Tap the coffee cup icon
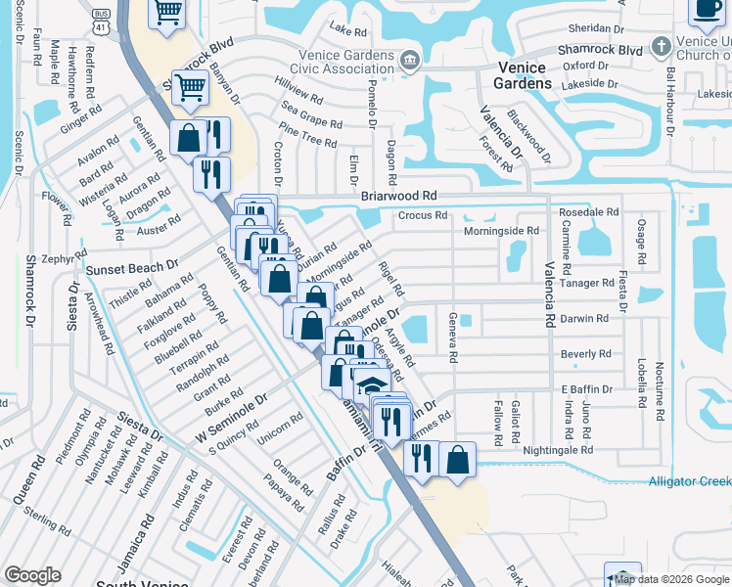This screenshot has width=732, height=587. pyautogui.click(x=705, y=9)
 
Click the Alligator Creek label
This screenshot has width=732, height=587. pyautogui.click(x=689, y=480)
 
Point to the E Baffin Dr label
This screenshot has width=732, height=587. pyautogui.click(x=586, y=389)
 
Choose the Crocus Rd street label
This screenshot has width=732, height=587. pyautogui.click(x=423, y=215)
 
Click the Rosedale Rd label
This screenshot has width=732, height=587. pyautogui.click(x=588, y=211)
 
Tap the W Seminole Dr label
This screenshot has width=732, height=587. pyautogui.click(x=232, y=417)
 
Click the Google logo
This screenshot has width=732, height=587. pyautogui.click(x=32, y=575)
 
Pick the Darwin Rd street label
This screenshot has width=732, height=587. pyautogui.click(x=584, y=318)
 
